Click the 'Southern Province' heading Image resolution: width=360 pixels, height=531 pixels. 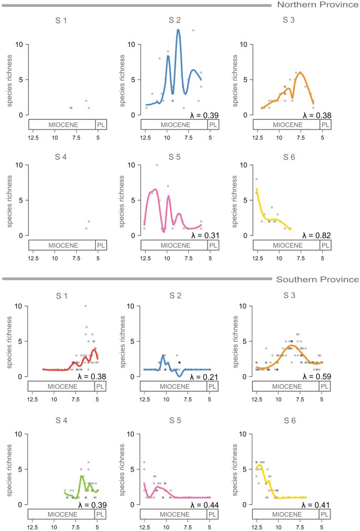(x=317, y=279)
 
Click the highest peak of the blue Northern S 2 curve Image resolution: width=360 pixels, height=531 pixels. (x=178, y=30)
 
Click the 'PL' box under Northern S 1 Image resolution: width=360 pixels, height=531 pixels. (x=100, y=125)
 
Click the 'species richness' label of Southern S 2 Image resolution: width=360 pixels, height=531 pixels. (x=123, y=341)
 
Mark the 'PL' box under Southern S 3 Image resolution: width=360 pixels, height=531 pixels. (x=325, y=385)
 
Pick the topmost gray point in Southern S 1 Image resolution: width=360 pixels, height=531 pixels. (x=85, y=306)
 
